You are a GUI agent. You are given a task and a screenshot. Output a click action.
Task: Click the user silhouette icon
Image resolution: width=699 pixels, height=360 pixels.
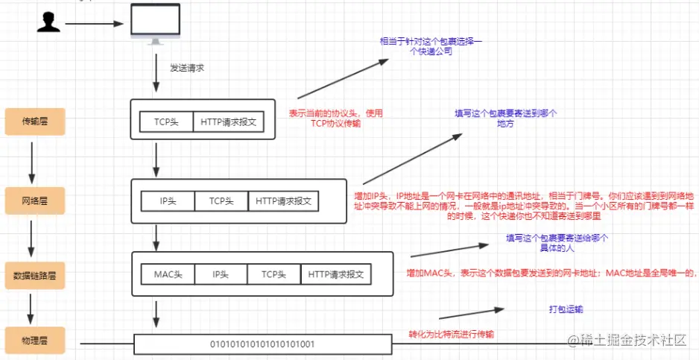coord(48,22)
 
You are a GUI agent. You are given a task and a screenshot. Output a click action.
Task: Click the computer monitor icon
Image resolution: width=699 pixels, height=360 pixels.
coord(155,24)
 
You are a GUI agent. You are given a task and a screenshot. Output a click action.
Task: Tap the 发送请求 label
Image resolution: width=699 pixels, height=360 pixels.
coord(187,69)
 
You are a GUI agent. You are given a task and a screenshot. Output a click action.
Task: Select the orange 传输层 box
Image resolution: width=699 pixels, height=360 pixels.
coord(35,121)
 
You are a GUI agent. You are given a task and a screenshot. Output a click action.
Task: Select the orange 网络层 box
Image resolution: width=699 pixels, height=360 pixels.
coord(35,200)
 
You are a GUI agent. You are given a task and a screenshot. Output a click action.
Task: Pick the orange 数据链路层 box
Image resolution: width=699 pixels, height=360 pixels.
coord(35,276)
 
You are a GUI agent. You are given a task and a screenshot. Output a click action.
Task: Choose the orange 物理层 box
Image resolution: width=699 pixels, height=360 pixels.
coord(35,341)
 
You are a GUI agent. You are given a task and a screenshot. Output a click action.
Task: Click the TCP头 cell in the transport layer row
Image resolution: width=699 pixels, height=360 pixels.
coord(166,121)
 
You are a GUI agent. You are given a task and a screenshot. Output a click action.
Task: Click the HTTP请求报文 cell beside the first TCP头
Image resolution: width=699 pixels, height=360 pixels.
coord(228,121)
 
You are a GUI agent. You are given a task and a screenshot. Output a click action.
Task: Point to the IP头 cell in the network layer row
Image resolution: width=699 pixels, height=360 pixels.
coord(168,201)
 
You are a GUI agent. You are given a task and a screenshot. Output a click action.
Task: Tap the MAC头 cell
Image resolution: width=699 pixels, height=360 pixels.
coord(168,274)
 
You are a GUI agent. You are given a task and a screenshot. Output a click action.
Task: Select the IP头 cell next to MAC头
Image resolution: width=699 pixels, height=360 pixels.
coord(221,274)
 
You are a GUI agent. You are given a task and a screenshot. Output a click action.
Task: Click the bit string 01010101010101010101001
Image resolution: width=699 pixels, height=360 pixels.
coord(262,344)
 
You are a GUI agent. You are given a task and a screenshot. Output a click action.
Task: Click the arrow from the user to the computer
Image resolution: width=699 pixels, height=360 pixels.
coord(94,24)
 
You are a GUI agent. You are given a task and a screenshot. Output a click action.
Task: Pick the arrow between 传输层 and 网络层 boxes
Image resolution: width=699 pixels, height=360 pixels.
coord(31,163)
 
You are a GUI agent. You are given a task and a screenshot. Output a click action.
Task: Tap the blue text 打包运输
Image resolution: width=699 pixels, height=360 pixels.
coord(566,309)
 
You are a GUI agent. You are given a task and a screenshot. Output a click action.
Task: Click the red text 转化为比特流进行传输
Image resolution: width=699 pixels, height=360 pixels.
coord(452,335)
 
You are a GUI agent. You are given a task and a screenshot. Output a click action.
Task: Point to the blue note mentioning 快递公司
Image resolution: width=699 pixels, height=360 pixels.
coord(431,46)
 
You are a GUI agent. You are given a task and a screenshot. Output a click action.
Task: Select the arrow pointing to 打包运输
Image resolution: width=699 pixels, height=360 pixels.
coord(471,313)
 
